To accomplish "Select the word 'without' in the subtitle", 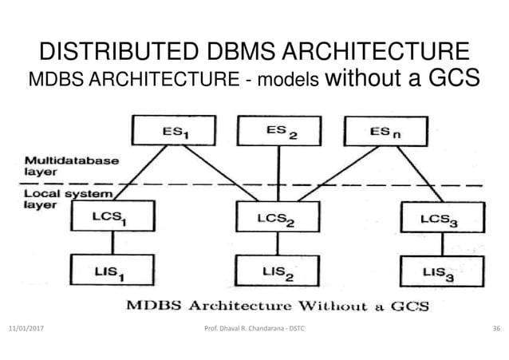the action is click(x=360, y=80).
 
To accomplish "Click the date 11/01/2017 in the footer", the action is click(x=29, y=328).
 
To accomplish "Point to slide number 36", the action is click(x=495, y=328).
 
